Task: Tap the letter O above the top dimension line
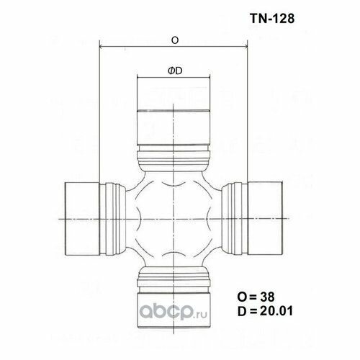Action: pos(175,41)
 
